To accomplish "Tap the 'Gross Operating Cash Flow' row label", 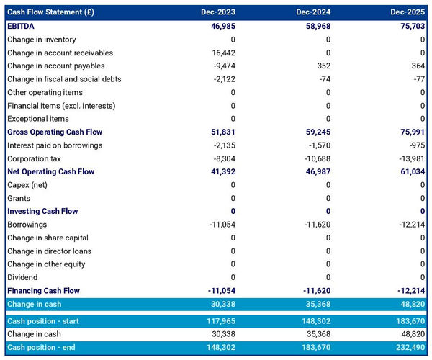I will coord(55,132).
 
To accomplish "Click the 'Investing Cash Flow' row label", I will coord(43,212).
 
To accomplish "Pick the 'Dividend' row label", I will coord(22,277).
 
